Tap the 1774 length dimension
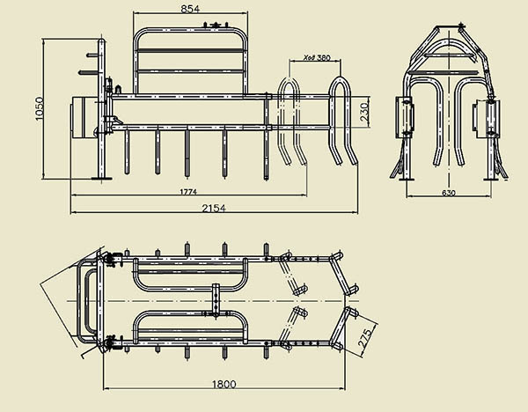187,191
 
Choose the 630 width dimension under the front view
449,193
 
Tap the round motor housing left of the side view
84,115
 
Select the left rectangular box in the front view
407,115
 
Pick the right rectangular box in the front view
486,115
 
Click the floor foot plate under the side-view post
100,180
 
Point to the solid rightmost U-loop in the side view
342,123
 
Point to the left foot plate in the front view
406,179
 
